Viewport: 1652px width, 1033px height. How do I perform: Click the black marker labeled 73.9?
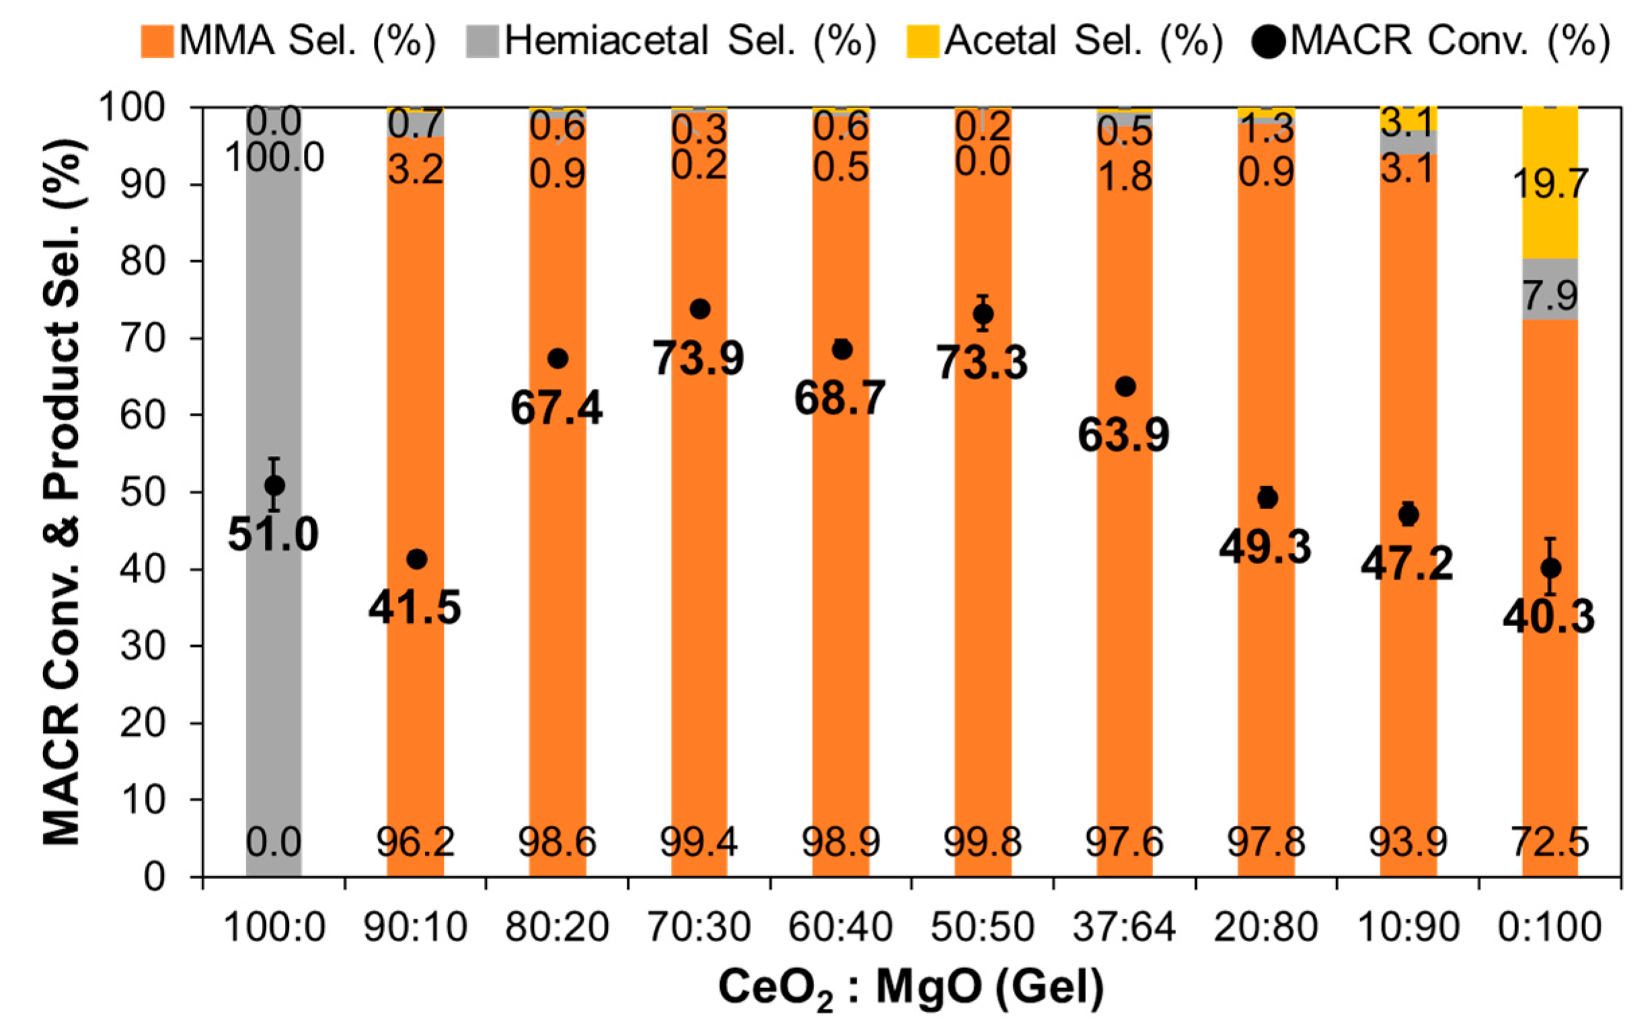pos(700,309)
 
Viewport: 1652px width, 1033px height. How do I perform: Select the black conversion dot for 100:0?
pos(274,486)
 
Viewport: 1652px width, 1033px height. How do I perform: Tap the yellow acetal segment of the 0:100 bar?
pos(1550,183)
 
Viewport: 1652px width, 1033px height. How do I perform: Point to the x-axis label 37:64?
pos(1124,928)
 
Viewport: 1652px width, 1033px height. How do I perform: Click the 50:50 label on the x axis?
pos(982,928)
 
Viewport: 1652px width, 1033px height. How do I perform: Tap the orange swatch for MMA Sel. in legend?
pos(157,41)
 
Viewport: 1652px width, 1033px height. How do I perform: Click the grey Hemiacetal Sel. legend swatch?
pos(482,41)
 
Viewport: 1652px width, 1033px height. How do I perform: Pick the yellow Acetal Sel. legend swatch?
pos(922,41)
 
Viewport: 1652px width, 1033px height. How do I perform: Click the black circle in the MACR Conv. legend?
pos(1269,42)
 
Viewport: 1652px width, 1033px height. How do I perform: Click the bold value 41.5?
pos(415,607)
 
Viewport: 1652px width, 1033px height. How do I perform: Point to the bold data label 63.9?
pos(1124,434)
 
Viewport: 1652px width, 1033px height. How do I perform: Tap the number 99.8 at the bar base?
pos(982,842)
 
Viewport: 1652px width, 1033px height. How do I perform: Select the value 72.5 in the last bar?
pos(1550,842)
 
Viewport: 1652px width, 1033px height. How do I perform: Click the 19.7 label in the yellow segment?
pos(1550,183)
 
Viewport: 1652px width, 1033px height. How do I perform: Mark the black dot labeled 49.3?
pos(1267,499)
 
